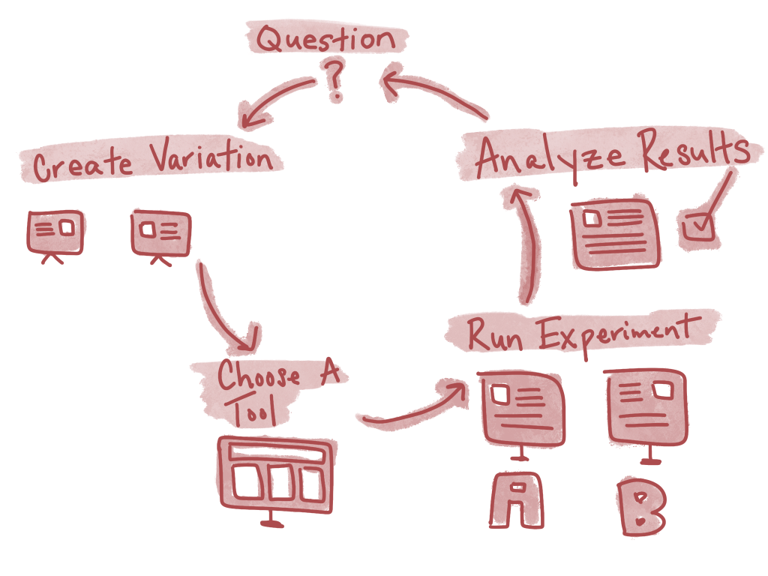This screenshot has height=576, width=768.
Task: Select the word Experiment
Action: coord(619,331)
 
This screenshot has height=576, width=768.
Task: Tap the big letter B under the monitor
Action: coord(643,507)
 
